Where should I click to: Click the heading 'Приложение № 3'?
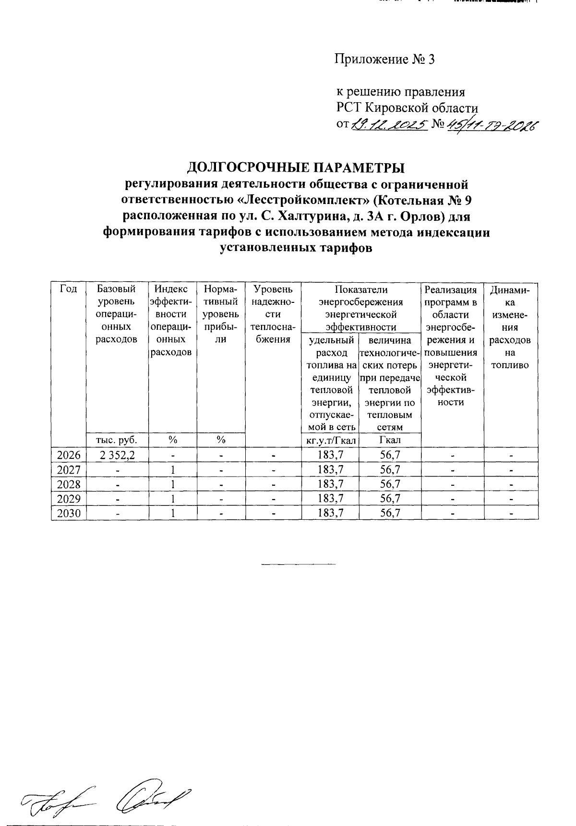coord(384,60)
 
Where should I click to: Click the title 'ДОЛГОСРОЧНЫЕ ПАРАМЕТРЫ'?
coord(296,168)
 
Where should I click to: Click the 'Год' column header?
coord(69,289)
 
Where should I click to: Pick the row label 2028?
coord(69,484)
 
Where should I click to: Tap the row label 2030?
coord(69,513)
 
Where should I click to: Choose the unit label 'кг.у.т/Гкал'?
coord(330,440)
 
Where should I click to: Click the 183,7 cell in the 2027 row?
coord(330,469)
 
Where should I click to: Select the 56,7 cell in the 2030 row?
coord(390,513)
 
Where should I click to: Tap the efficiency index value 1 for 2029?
coord(173,499)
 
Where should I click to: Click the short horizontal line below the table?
coord(298,563)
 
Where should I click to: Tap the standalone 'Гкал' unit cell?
coord(390,440)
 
